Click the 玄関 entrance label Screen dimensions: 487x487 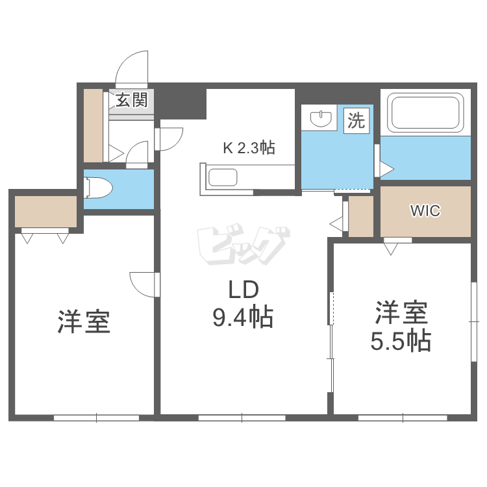pyautogui.click(x=132, y=100)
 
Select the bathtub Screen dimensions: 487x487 pyautogui.click(x=426, y=112)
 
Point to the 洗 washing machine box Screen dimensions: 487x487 pyautogui.click(x=356, y=120)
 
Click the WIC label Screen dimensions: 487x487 pyautogui.click(x=425, y=211)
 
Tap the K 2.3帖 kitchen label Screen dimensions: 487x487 pyautogui.click(x=249, y=148)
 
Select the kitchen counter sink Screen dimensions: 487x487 pyautogui.click(x=223, y=178)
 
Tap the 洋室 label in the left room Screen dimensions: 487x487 pyautogui.click(x=84, y=321)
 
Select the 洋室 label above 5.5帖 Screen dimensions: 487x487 pyautogui.click(x=401, y=313)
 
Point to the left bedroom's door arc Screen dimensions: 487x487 pyautogui.click(x=143, y=284)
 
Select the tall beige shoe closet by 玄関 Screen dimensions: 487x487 pyautogui.click(x=94, y=125)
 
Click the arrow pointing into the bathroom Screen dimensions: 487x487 pyautogui.click(x=387, y=170)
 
